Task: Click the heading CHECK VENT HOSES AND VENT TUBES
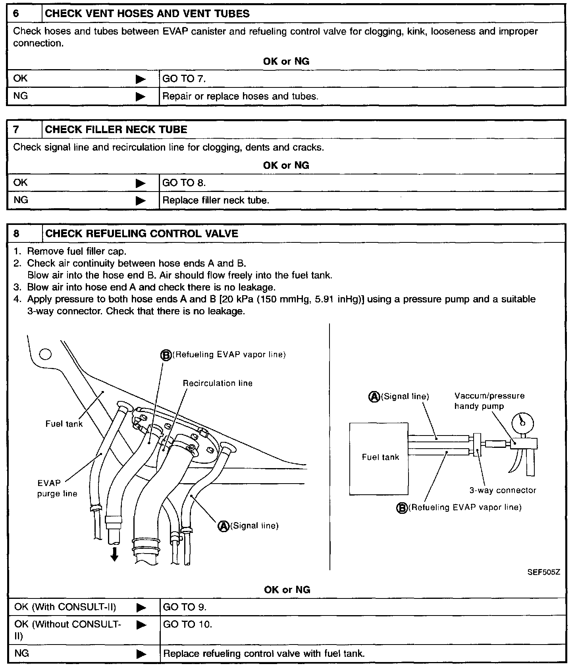point(147,14)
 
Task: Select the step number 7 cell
point(16,130)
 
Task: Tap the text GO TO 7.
point(184,79)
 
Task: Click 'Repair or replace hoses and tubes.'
point(241,96)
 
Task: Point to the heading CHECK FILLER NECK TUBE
point(116,130)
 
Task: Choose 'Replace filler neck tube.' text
point(216,200)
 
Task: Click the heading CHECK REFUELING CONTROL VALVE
point(142,233)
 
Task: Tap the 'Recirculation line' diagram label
point(218,383)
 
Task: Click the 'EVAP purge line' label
point(57,488)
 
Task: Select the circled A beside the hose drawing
point(223,526)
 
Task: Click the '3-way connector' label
point(503,490)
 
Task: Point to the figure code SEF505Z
point(543,573)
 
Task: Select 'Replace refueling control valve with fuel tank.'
point(264,654)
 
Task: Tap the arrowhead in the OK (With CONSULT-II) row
point(141,608)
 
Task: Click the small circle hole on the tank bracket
point(46,354)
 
